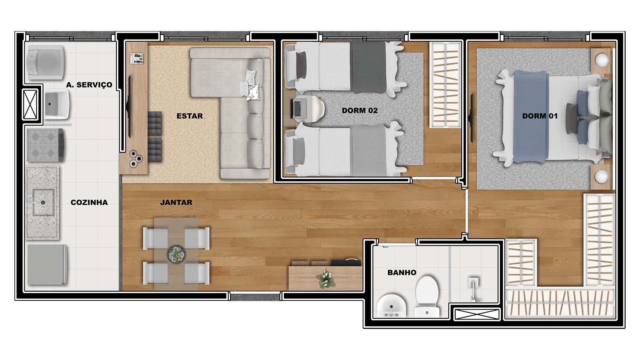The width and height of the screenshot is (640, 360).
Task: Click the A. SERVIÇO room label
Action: pyautogui.click(x=89, y=85)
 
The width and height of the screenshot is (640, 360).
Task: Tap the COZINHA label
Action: pyautogui.click(x=89, y=202)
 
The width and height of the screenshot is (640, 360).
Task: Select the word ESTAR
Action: pyautogui.click(x=190, y=116)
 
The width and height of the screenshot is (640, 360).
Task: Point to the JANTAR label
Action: pyautogui.click(x=176, y=202)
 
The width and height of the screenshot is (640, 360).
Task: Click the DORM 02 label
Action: pyautogui.click(x=360, y=110)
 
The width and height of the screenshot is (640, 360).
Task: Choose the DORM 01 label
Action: pyautogui.click(x=540, y=116)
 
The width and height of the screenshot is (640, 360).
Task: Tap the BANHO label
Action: pyautogui.click(x=402, y=272)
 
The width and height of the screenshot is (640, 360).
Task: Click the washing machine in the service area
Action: pyautogui.click(x=45, y=62)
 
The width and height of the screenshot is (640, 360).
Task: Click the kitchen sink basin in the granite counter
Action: pyautogui.click(x=43, y=202)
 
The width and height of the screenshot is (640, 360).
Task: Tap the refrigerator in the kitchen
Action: pyautogui.click(x=47, y=265)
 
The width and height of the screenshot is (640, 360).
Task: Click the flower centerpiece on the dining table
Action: pyautogui.click(x=176, y=254)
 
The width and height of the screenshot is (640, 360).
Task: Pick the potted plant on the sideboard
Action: pyautogui.click(x=326, y=278)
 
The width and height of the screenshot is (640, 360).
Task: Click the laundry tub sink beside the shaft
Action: pyautogui.click(x=57, y=104)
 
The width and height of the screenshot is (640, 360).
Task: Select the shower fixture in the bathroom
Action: pyautogui.click(x=474, y=288)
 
